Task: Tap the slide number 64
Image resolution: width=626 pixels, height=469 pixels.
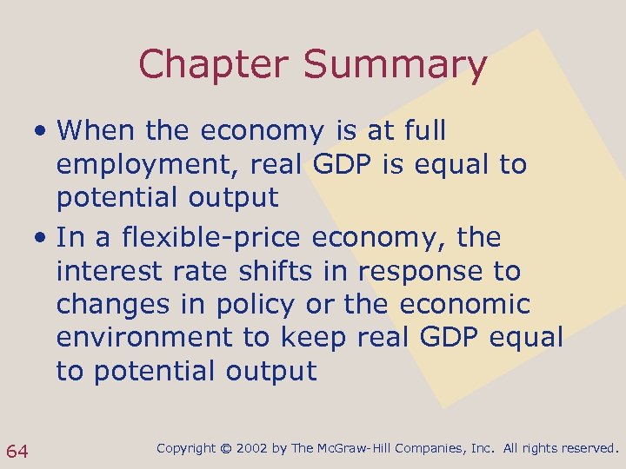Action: (x=17, y=450)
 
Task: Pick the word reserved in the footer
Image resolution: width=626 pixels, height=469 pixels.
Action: (x=589, y=448)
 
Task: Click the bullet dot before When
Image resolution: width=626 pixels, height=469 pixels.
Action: (x=42, y=132)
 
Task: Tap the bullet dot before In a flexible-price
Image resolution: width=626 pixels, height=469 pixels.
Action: (x=42, y=238)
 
